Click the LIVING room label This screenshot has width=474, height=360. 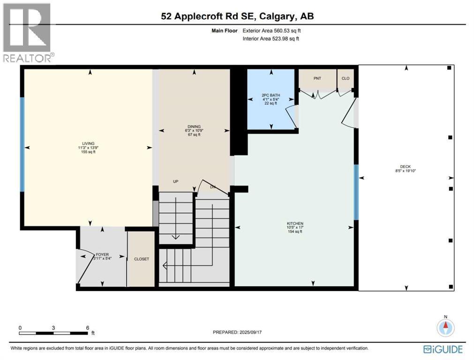(x=88, y=143)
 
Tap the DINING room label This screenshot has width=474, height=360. (x=194, y=127)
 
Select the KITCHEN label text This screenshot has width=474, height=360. (x=295, y=224)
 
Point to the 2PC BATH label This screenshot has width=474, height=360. (x=271, y=95)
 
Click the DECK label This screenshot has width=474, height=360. (x=406, y=166)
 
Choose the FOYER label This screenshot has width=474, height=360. (x=102, y=255)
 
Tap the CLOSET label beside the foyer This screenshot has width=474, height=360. (x=142, y=259)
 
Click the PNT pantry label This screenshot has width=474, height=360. (x=317, y=78)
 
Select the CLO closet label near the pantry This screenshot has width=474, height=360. (x=346, y=78)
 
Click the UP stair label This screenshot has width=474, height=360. (x=176, y=181)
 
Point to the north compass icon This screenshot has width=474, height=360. (x=445, y=327)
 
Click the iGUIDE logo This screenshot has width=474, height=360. (x=443, y=349)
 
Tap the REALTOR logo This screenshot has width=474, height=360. (x=27, y=32)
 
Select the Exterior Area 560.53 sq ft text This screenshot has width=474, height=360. (x=271, y=30)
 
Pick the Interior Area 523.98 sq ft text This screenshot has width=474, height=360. (x=271, y=38)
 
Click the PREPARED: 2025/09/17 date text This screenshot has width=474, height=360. (x=237, y=332)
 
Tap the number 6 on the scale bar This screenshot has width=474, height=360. (x=88, y=328)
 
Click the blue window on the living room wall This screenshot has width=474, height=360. (x=22, y=144)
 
